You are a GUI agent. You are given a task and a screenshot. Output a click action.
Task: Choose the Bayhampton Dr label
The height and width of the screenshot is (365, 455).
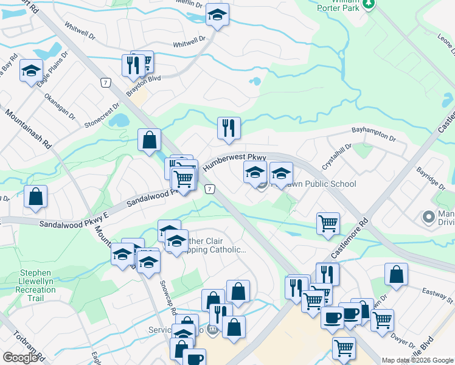coord(373,133)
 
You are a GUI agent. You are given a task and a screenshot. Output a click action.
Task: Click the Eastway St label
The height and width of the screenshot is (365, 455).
coord(442,297)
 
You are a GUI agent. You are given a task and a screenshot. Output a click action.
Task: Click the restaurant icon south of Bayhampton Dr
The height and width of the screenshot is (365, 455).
coord(229,128)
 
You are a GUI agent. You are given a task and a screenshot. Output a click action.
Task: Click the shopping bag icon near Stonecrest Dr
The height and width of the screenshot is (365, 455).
coord(149,140)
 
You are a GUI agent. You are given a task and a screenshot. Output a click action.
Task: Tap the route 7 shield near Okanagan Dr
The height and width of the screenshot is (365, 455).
coord(106,82)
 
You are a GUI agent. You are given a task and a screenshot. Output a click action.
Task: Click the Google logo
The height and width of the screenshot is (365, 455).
coord(19,357)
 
